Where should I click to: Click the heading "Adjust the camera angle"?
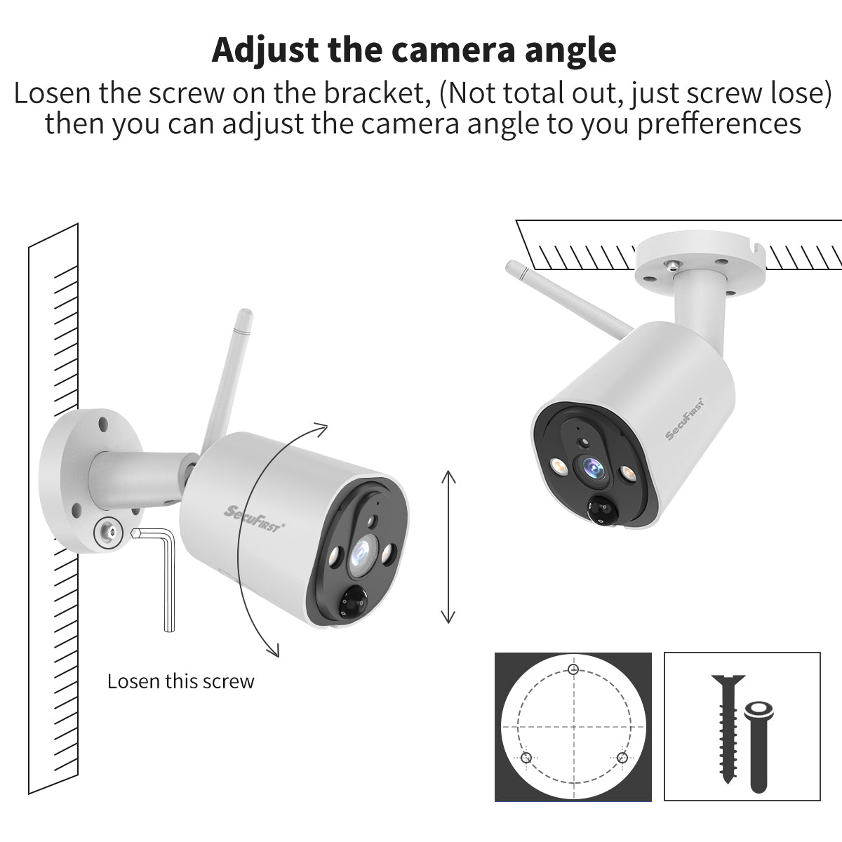pyautogui.click(x=414, y=51)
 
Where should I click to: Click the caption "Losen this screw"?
pyautogui.click(x=180, y=681)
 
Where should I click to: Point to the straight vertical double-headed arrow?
pyautogui.click(x=448, y=547)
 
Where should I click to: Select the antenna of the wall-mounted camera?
pyautogui.click(x=227, y=380)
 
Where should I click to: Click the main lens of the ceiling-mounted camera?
pyautogui.click(x=594, y=469)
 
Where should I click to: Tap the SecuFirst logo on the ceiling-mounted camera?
pyautogui.click(x=685, y=419)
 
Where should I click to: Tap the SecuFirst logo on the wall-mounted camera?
pyautogui.click(x=254, y=519)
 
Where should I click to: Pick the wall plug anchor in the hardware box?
pyautogui.click(x=759, y=747)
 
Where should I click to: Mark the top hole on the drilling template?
pyautogui.click(x=573, y=669)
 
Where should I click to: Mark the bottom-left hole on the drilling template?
pyautogui.click(x=526, y=757)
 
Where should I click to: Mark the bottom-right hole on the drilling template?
pyautogui.click(x=622, y=757)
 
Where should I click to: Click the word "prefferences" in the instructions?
pyautogui.click(x=719, y=123)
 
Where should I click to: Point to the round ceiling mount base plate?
pyautogui.click(x=700, y=265)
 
